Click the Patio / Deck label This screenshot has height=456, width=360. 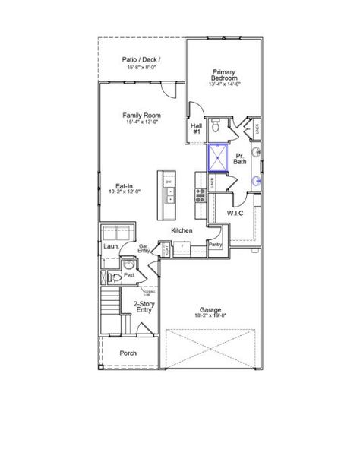(141, 59)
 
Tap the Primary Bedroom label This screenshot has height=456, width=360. (226, 74)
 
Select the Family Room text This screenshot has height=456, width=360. (141, 116)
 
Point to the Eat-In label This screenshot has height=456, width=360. (125, 185)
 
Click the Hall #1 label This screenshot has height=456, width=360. (196, 128)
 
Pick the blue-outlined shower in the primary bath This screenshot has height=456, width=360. (220, 160)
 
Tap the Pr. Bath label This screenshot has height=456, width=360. (240, 158)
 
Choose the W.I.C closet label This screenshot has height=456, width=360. (235, 214)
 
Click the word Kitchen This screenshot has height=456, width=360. (182, 230)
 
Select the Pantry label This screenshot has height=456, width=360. (215, 245)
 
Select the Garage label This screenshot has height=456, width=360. (210, 309)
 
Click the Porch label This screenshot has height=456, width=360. (128, 353)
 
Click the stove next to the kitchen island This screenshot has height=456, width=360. (201, 194)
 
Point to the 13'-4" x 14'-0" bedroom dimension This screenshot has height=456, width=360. (226, 84)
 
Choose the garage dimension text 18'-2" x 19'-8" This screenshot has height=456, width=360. (210, 317)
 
